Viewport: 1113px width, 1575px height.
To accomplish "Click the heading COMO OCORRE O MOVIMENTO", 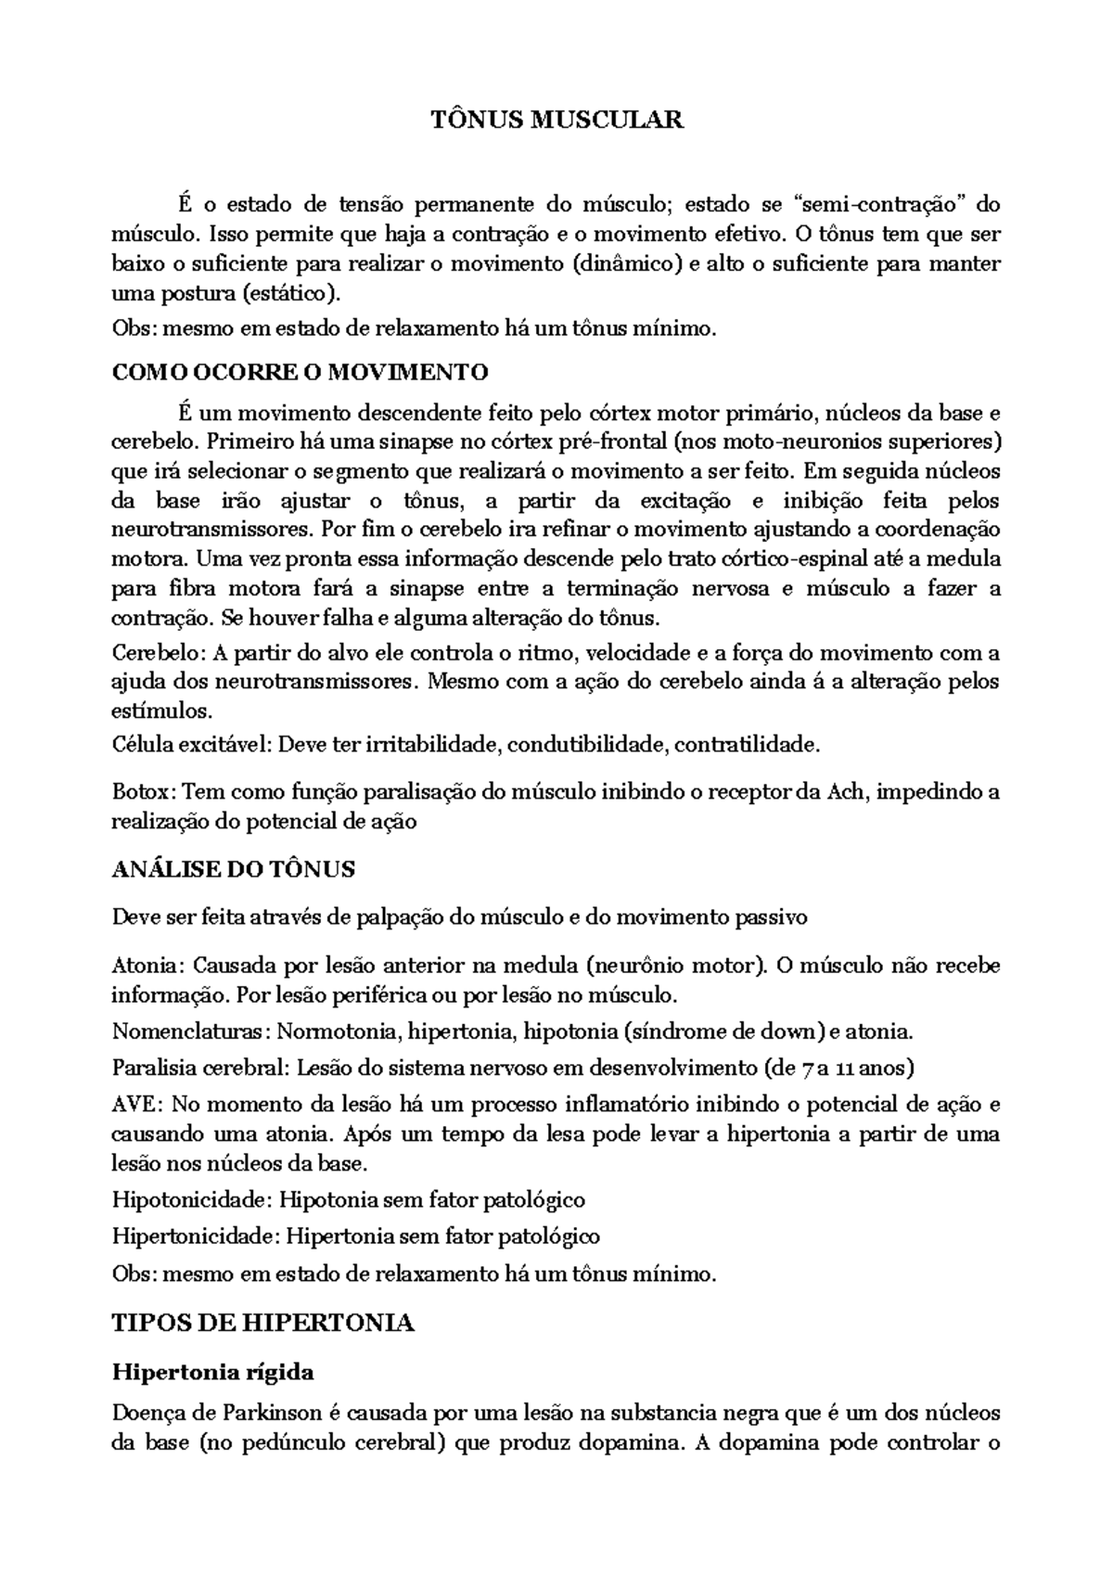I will coord(300,373).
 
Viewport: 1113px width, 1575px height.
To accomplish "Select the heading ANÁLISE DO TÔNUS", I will coord(234,869).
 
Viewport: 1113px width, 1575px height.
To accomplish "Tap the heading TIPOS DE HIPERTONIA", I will coord(262,1323).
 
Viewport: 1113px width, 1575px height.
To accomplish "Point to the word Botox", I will coord(141,792).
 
